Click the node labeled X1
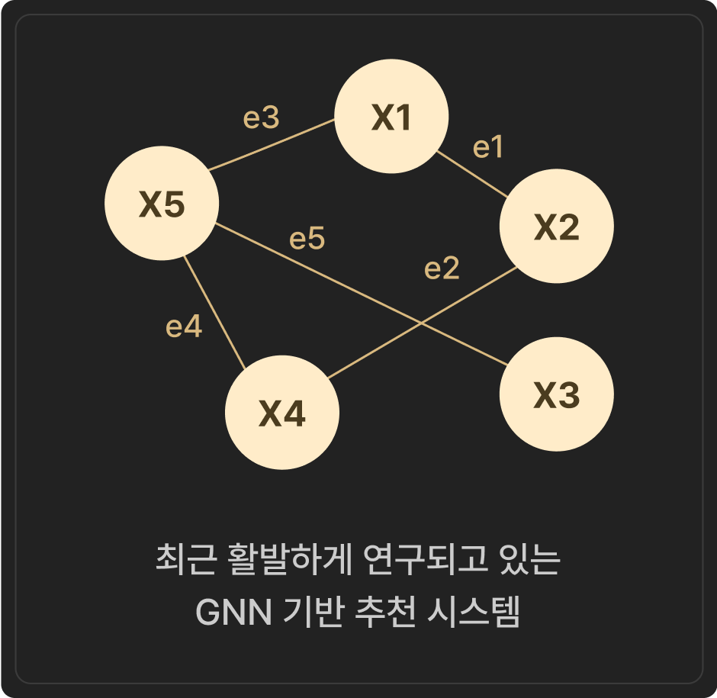(x=391, y=116)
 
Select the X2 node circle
(x=557, y=226)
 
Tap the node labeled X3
(x=557, y=394)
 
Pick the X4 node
(x=282, y=413)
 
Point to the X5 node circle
(x=162, y=203)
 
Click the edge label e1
(x=488, y=147)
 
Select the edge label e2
(x=442, y=268)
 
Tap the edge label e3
(x=261, y=117)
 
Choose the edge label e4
(x=184, y=327)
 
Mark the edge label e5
(x=307, y=238)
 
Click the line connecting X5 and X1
(x=272, y=144)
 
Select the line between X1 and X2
(x=472, y=174)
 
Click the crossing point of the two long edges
(x=421, y=324)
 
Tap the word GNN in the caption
(x=233, y=613)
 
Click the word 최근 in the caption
(x=185, y=559)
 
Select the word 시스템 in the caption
(x=474, y=612)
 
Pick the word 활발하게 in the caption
(x=289, y=559)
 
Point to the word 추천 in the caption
(x=385, y=612)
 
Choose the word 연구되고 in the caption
(x=425, y=559)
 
